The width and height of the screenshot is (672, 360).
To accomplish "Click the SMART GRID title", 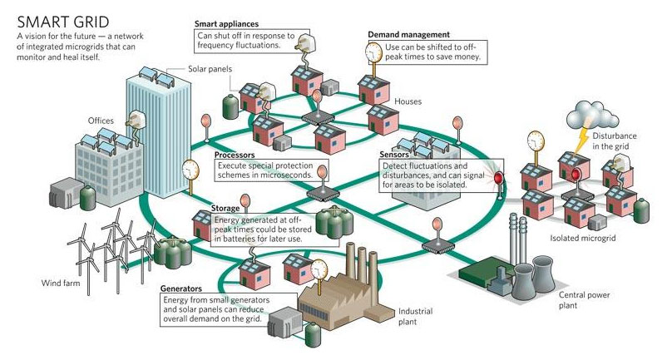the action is click(x=63, y=22).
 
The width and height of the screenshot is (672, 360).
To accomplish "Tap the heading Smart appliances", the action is click(x=227, y=24).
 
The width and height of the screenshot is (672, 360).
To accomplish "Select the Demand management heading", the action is click(x=409, y=35).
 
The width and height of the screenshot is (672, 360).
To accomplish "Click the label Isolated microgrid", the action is click(x=583, y=239).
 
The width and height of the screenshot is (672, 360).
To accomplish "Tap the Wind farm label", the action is click(x=61, y=283).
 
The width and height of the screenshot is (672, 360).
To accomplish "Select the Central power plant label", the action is click(x=584, y=300).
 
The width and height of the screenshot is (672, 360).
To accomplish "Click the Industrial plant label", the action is click(x=415, y=316).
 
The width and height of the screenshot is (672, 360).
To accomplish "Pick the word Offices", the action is click(x=101, y=121).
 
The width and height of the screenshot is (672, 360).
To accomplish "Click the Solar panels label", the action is click(x=210, y=69).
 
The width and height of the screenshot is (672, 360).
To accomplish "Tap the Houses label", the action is click(x=408, y=101).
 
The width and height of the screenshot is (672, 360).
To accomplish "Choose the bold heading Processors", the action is click(x=235, y=155).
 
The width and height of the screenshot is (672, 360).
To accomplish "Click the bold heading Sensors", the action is click(x=394, y=155).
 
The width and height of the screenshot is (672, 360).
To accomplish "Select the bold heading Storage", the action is click(x=225, y=209).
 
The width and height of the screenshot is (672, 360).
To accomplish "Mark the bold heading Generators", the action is click(x=180, y=288).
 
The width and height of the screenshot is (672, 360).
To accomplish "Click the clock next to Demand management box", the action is click(x=373, y=52).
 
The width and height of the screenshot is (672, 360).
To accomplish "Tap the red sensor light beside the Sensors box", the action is click(x=498, y=177).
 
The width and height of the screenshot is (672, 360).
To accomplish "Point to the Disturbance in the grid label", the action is click(x=614, y=141).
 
